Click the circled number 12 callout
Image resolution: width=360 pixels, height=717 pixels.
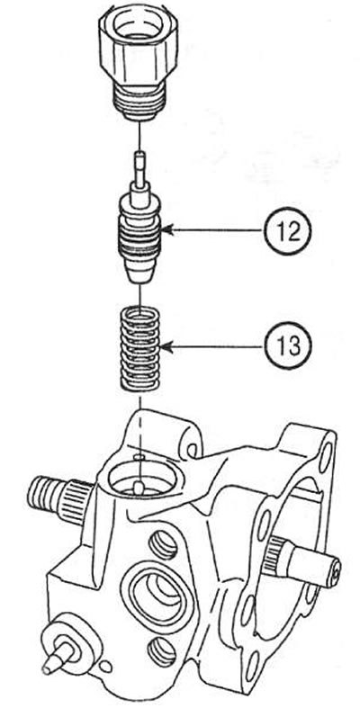[287, 231]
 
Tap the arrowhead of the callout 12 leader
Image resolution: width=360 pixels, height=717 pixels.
[166, 231]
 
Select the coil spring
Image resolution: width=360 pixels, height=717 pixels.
[139, 348]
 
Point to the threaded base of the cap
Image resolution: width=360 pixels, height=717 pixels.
[139, 103]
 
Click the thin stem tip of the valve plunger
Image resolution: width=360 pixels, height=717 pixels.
[139, 168]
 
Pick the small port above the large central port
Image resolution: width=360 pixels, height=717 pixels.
[163, 544]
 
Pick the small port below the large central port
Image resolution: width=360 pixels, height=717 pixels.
[161, 651]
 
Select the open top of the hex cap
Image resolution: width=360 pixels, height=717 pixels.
[139, 26]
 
